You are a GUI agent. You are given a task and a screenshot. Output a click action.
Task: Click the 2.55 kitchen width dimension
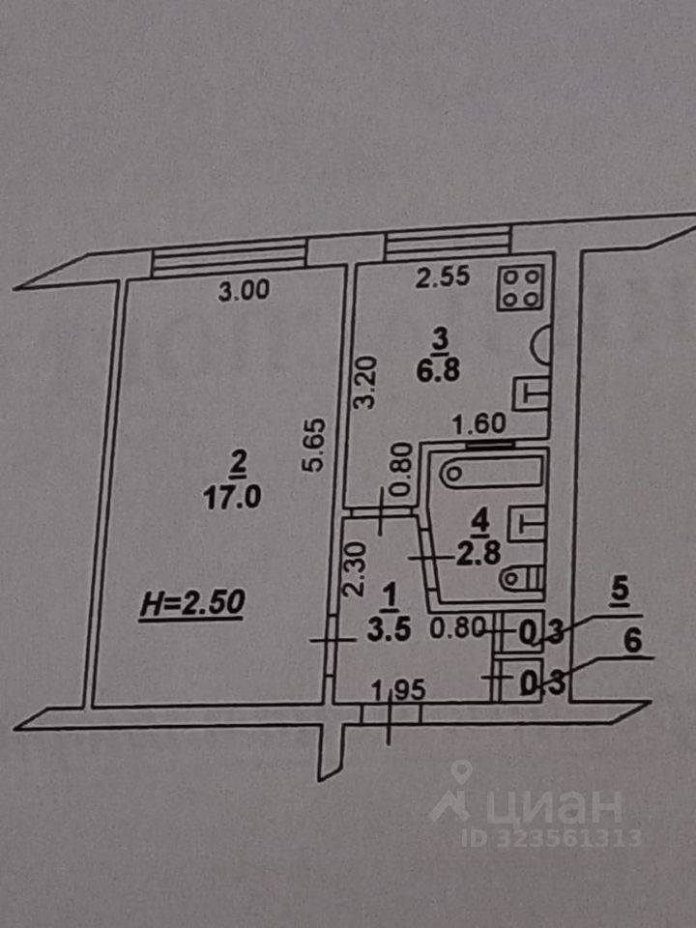442,278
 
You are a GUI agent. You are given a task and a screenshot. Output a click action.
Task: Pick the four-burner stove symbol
520,287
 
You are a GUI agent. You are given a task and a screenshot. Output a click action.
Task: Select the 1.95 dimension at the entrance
397,690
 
